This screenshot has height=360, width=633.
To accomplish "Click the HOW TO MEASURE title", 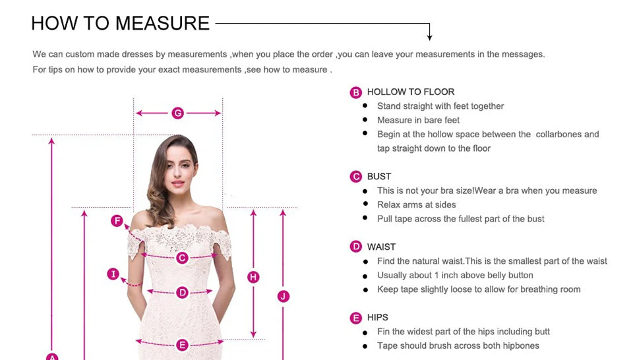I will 120,23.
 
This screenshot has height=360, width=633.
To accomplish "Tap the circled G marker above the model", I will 177,113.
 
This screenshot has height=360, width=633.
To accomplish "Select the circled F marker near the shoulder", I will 117,221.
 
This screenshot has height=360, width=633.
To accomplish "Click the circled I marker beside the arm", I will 113,274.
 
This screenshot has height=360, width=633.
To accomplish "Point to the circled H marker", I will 253,277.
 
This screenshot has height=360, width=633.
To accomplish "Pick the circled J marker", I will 284,296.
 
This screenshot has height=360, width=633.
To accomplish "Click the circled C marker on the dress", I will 183,258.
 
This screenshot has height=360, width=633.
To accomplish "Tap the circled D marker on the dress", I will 183,292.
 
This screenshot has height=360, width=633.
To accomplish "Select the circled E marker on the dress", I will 183,345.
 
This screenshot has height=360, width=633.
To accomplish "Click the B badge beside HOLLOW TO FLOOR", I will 356,92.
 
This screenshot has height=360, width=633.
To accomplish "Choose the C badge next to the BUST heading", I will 356,177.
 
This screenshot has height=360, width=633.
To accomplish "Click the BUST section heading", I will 379,177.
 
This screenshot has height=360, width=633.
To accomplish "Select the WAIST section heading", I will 381,247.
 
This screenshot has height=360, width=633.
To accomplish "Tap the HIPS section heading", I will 378,318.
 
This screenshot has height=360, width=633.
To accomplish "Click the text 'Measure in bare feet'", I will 418,120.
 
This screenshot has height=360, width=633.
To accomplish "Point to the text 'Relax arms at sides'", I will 416,204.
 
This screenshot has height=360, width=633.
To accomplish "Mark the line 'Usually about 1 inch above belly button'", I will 455,275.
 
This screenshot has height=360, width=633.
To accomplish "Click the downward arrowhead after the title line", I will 430,38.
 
